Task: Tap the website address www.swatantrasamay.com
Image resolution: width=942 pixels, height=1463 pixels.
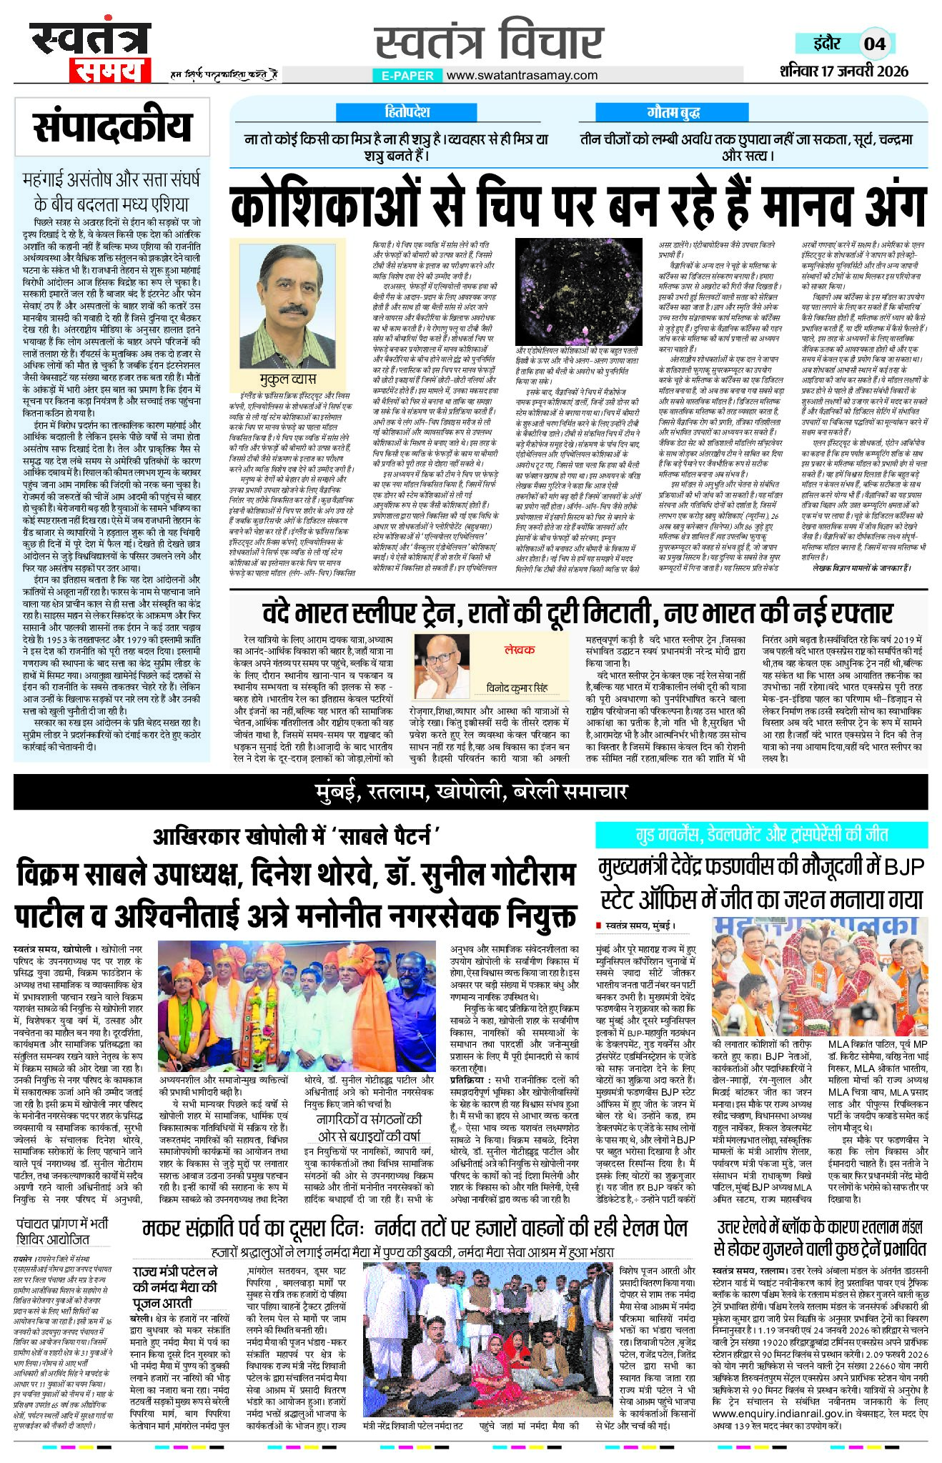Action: click(522, 75)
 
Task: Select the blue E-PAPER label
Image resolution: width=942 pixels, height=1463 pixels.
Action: click(407, 75)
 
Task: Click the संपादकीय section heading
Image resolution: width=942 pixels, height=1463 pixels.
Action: click(112, 126)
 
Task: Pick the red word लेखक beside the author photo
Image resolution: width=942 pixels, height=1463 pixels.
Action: click(519, 650)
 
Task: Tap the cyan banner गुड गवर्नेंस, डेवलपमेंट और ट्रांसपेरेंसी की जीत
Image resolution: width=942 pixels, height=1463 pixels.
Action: click(762, 834)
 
